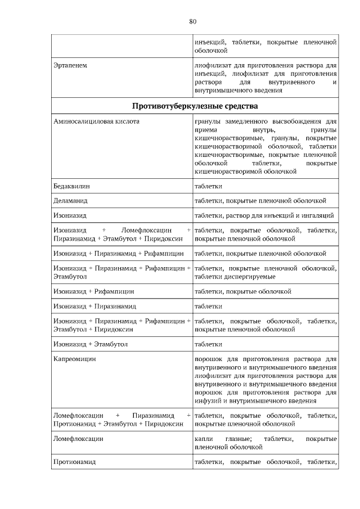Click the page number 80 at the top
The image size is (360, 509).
192,22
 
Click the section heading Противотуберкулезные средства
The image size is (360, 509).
195,106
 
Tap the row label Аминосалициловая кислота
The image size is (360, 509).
95,121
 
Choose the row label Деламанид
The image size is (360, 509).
70,200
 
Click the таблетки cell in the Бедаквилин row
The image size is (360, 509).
208,186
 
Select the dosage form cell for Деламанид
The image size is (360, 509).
260,200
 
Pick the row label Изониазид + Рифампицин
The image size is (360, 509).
93,291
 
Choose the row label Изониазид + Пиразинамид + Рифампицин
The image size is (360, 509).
118,253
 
